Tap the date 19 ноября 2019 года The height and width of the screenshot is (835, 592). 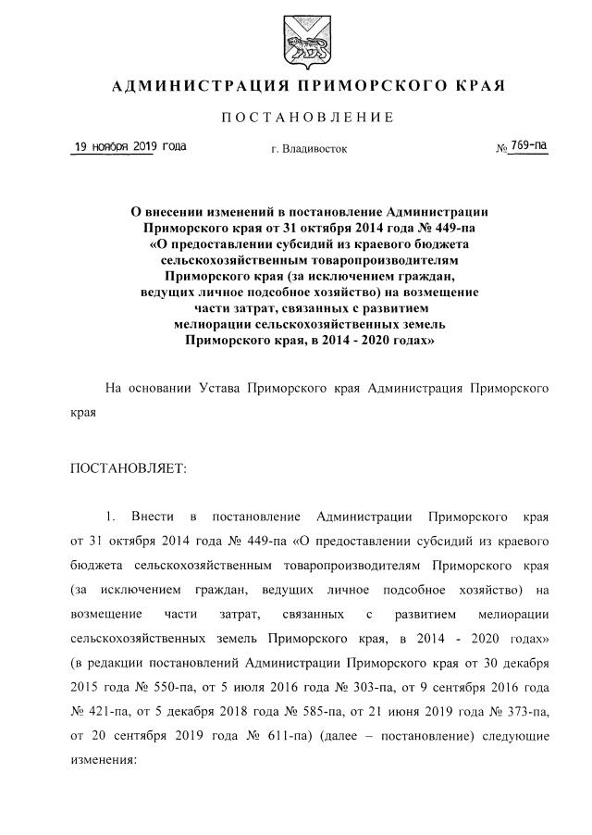point(129,146)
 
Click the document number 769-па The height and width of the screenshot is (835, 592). point(529,145)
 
